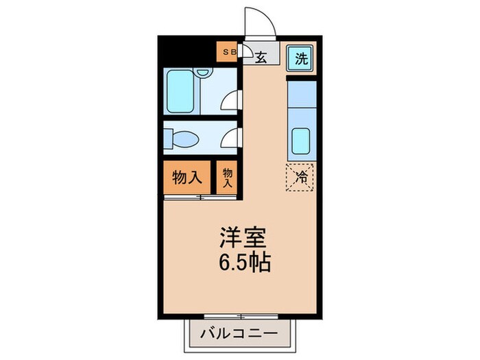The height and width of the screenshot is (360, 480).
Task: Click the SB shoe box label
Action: pyautogui.click(x=227, y=51)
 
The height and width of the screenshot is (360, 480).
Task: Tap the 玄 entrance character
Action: pyautogui.click(x=261, y=58)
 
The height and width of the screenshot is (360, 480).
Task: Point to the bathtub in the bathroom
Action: pyautogui.click(x=181, y=91)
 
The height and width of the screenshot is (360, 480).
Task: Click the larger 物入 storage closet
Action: pyautogui.click(x=186, y=178)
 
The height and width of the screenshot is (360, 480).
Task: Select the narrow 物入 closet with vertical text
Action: pyautogui.click(x=227, y=178)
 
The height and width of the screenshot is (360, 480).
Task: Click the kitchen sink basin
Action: pyautogui.click(x=300, y=141)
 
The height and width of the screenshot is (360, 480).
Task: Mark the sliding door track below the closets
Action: pyautogui.click(x=200, y=197)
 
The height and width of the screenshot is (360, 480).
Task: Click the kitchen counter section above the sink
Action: pyautogui.click(x=300, y=96)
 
